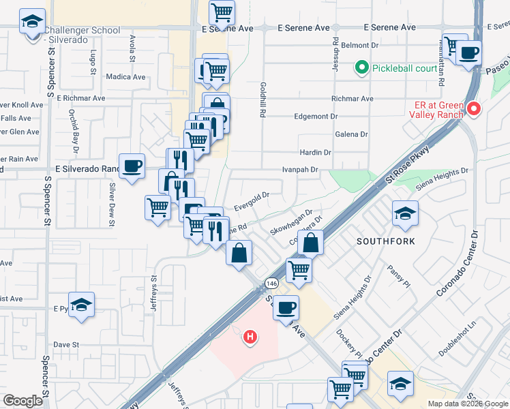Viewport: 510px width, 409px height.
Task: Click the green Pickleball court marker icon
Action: [x=361, y=68]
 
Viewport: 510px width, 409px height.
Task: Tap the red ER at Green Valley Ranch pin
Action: [x=472, y=108]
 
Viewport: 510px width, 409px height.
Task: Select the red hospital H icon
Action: [x=251, y=336]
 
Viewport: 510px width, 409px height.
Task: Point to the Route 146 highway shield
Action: [x=271, y=283]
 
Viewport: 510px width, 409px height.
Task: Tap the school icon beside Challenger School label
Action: [x=32, y=22]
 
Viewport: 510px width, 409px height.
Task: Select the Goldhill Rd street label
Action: [x=262, y=100]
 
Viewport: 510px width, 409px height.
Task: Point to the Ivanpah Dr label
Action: [x=301, y=170]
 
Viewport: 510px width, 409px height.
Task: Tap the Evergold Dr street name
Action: [x=252, y=200]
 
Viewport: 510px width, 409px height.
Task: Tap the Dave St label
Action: [x=67, y=345]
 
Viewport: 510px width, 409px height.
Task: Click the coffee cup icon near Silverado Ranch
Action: [x=132, y=166]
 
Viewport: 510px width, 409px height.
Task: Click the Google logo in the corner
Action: [x=23, y=401]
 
